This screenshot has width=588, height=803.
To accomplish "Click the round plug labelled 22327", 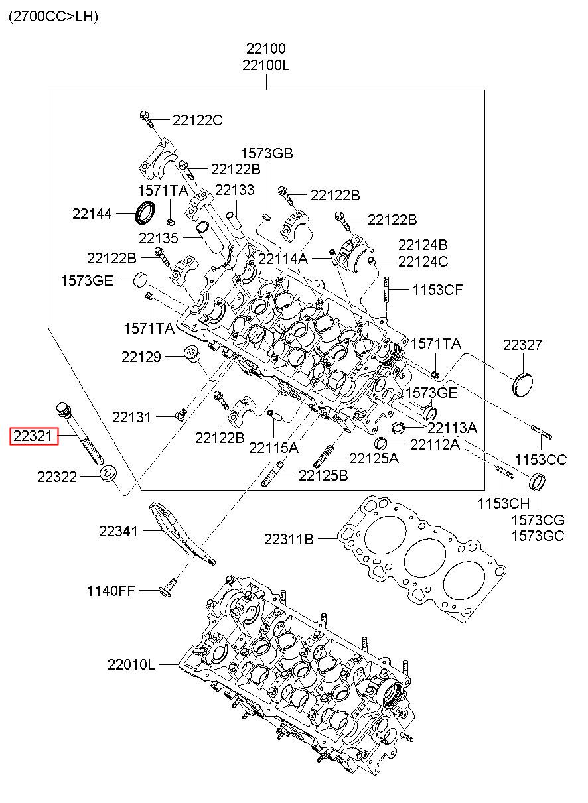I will point(523,384).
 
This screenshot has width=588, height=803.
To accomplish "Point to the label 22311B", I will point(289,539).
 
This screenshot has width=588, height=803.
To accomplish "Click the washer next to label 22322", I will point(109,475).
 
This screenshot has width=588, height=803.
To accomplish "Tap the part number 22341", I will point(118,531).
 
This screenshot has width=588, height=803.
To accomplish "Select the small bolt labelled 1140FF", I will point(169,586).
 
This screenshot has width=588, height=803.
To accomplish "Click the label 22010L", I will point(131,664).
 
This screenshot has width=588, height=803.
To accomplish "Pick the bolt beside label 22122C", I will point(147,119).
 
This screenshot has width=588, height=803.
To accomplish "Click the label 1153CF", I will point(437,289).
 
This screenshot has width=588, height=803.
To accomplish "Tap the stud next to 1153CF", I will point(386,292).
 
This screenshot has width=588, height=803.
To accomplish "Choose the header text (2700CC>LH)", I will point(53,17).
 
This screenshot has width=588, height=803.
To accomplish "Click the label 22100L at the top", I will point(265,65).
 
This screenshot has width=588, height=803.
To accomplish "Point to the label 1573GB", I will point(266,154).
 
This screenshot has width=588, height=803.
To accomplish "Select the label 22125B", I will point(323,475).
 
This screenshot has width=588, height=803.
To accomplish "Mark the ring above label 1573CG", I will point(538,481).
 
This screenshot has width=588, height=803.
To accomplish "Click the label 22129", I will point(141,357).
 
